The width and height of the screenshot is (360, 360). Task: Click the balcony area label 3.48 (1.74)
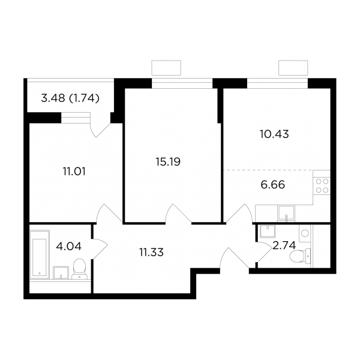click(70, 98)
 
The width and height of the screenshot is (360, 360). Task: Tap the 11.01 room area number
click(74, 172)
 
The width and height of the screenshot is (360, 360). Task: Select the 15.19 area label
click(168, 161)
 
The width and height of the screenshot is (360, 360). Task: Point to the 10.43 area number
click(274, 134)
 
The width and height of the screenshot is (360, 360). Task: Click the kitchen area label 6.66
click(273, 185)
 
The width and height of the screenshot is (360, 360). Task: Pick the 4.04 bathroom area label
click(68, 247)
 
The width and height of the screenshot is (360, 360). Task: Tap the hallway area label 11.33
click(152, 253)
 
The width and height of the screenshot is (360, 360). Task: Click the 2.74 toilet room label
click(284, 245)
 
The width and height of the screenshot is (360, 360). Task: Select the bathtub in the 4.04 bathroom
click(40, 254)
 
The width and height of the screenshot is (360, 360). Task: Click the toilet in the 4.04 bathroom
click(79, 269)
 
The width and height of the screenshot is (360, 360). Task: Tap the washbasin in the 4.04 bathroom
click(61, 272)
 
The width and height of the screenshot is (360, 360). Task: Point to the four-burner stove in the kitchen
click(322, 186)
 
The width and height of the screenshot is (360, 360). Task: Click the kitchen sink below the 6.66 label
click(286, 213)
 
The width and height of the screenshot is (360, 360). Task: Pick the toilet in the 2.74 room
click(300, 256)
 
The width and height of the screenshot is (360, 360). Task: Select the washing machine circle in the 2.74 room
click(305, 233)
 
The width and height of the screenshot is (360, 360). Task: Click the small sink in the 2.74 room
click(268, 231)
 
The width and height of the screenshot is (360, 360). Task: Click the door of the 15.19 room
click(179, 214)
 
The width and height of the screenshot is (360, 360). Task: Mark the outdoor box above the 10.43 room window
click(293, 68)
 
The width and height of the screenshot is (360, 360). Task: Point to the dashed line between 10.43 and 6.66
click(268, 170)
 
